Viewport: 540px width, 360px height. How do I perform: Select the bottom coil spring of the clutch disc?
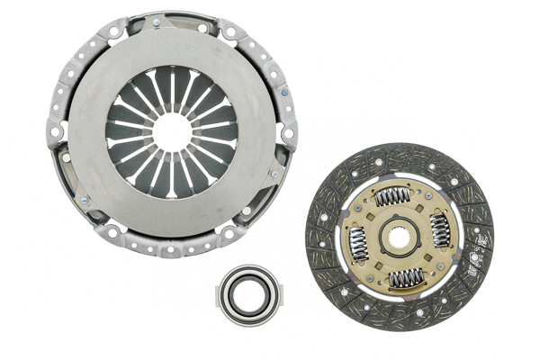[405, 279]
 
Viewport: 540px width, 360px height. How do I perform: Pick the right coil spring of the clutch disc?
[441, 230]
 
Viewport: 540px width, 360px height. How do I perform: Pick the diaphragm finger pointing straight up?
[171, 89]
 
